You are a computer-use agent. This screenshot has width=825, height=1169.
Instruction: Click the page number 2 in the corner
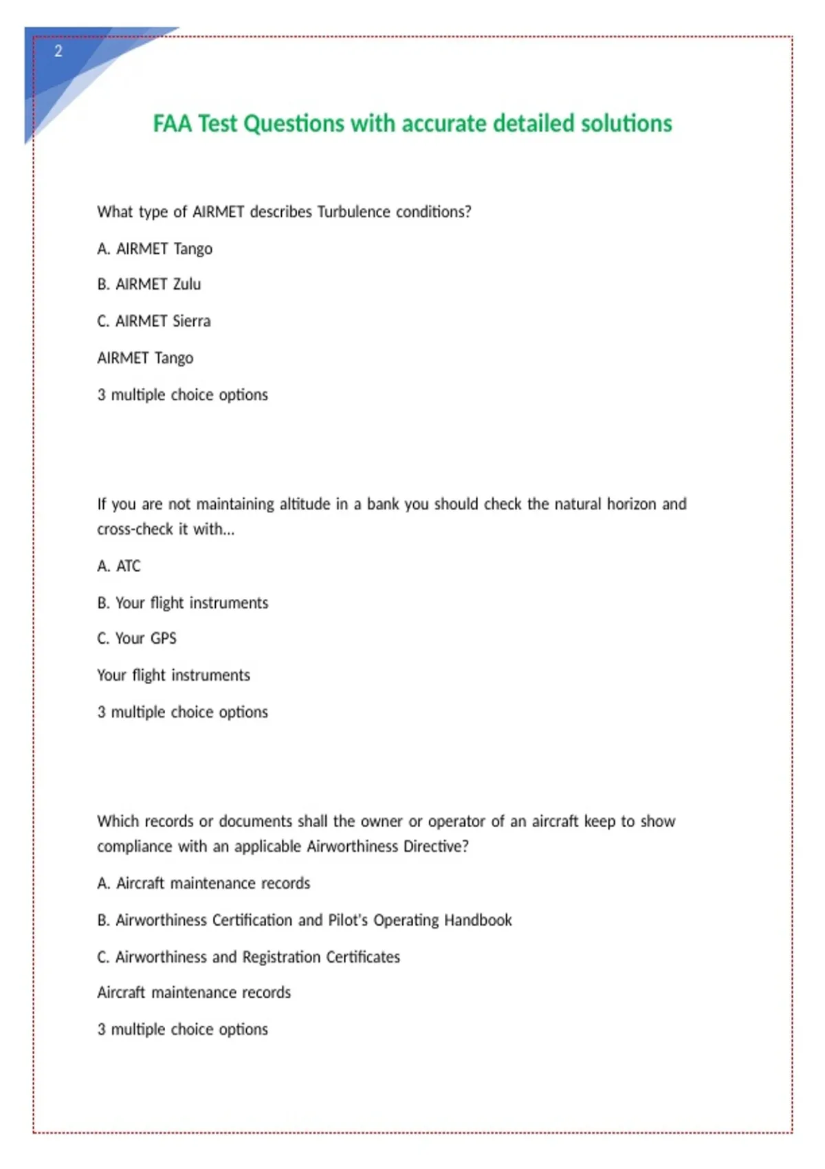(x=58, y=51)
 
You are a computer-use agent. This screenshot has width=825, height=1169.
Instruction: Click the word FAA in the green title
(x=172, y=124)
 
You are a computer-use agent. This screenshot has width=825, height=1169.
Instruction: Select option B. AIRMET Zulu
(x=149, y=284)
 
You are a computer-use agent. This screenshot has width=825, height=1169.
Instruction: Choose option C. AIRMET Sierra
(x=154, y=321)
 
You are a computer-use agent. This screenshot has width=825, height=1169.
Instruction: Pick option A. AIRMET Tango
(x=155, y=248)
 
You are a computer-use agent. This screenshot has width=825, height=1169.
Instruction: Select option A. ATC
(x=119, y=566)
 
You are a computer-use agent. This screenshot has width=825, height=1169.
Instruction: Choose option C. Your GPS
(x=137, y=638)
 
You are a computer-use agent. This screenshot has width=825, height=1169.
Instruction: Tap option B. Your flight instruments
(x=183, y=603)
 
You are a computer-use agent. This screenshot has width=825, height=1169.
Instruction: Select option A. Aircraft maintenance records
(x=203, y=883)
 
